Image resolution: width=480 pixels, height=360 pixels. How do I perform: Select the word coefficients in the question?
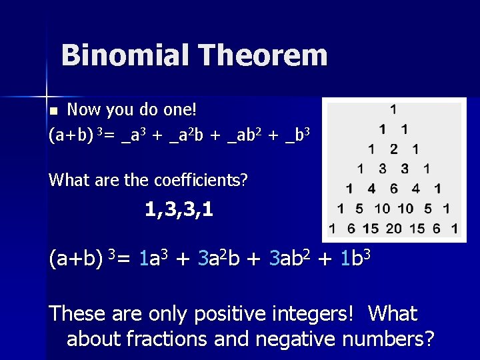click(x=200, y=180)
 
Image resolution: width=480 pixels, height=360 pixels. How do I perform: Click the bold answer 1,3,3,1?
click(x=179, y=211)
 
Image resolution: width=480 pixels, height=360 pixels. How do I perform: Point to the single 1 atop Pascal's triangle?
click(x=393, y=109)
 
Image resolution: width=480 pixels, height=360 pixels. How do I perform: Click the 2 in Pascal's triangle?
click(x=393, y=149)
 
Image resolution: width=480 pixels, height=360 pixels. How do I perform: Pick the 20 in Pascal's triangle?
click(x=393, y=229)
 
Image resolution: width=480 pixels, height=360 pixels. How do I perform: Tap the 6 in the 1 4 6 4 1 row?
click(x=393, y=189)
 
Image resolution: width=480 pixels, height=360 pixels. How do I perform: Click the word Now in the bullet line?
click(x=84, y=109)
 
